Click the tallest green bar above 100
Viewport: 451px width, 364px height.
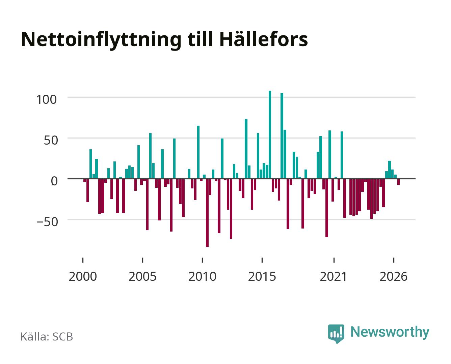tap(270, 135)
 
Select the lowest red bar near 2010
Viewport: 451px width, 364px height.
tap(207, 213)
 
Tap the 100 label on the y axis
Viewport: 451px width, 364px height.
tap(47, 99)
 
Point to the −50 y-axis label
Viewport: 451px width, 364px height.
tap(47, 222)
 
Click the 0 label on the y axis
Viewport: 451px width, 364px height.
tap(54, 181)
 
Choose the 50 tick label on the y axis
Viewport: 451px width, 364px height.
tap(51, 140)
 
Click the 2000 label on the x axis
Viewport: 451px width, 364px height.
tap(83, 276)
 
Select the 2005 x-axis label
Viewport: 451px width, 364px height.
tap(142, 276)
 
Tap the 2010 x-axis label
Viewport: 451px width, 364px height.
tap(203, 276)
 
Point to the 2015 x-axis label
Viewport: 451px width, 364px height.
tap(262, 276)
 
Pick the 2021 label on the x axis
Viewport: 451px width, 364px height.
tap(334, 276)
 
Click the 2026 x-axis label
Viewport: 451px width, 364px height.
tap(393, 276)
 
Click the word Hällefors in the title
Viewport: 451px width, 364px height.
tap(264, 39)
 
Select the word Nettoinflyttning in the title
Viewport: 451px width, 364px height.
tap(101, 41)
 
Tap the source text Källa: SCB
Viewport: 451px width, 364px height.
tap(47, 337)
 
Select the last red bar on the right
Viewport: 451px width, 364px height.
tap(398, 182)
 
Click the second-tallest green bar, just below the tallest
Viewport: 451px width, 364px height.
tap(282, 136)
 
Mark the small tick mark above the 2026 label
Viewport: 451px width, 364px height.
tap(394, 260)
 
